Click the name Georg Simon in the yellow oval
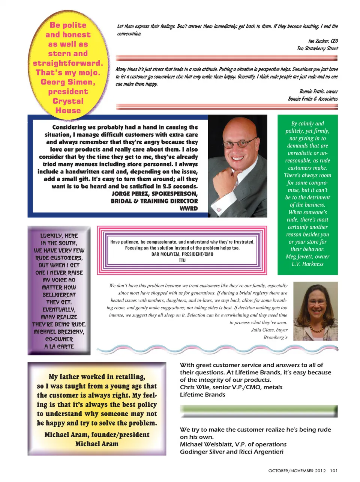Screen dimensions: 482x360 (68, 82)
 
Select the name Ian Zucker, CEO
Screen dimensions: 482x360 (323, 41)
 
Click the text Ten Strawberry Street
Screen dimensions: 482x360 (317, 48)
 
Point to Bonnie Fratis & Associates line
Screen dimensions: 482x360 (313, 99)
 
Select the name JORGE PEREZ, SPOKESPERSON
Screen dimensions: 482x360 (154, 194)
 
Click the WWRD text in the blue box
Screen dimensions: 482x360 (189, 208)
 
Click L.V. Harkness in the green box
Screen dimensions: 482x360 (307, 264)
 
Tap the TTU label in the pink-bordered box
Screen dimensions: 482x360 (182, 260)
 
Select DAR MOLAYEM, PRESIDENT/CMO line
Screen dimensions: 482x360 (182, 254)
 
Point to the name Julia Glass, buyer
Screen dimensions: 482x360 (269, 330)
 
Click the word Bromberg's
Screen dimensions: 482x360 (276, 337)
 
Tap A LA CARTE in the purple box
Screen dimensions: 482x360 (59, 347)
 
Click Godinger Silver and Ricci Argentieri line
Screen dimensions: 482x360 (231, 452)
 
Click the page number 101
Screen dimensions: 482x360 (334, 471)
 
